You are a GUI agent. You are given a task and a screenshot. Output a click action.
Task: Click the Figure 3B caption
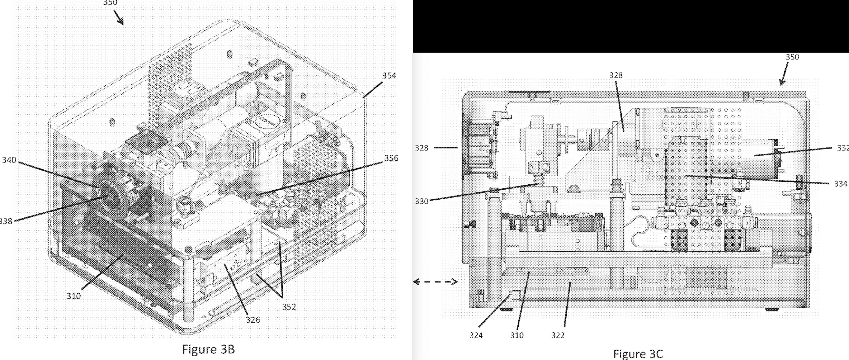pos(208,349)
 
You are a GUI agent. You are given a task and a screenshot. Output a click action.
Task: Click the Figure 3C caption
pos(637,354)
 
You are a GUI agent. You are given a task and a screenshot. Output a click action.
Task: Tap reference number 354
pos(389,75)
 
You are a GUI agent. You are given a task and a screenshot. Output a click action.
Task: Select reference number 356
pos(391,158)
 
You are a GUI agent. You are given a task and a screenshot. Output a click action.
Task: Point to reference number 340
pos(9,160)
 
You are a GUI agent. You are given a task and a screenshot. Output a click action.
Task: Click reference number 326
pos(253,320)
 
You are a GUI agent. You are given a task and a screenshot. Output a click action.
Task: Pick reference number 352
pos(289,307)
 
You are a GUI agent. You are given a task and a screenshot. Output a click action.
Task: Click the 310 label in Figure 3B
pos(73,296)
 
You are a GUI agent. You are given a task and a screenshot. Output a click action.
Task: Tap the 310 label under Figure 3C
pos(517,335)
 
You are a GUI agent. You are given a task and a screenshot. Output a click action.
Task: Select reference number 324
pos(476,335)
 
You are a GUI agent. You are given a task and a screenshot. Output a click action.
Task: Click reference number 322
pos(558,335)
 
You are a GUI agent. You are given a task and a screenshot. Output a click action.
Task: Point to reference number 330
pos(422,201)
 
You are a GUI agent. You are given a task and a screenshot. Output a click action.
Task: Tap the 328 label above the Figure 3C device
pos(616,75)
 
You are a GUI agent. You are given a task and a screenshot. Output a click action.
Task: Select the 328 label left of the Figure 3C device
pos(422,148)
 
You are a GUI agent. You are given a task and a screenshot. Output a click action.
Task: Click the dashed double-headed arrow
pos(435,282)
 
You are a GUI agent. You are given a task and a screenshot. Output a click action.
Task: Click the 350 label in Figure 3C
pos(792,57)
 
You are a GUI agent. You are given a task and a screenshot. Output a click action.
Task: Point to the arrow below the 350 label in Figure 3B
pos(118,17)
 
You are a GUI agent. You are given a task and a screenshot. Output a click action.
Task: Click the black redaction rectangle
pos(630,26)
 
